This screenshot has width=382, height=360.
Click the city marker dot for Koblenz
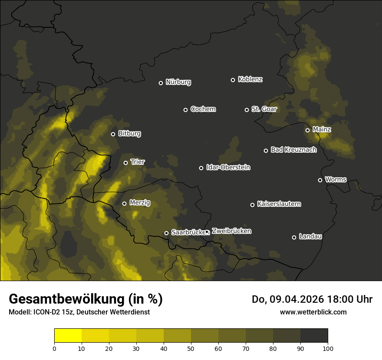(x=233, y=80)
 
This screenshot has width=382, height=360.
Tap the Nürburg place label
(x=178, y=82)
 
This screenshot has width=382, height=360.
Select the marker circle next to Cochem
(x=185, y=110)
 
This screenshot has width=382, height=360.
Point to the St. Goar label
(x=264, y=109)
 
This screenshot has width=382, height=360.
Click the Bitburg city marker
(x=113, y=134)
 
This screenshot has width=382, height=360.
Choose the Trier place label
(x=138, y=162)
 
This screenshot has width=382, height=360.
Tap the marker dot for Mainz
(x=307, y=130)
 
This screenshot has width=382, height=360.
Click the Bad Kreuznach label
(x=293, y=150)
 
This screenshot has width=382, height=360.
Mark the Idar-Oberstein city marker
(x=201, y=168)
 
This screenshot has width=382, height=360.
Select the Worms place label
(x=336, y=180)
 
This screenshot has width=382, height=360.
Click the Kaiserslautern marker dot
(x=252, y=205)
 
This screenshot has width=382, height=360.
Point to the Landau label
(x=310, y=237)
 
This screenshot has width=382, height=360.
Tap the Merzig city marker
(x=124, y=203)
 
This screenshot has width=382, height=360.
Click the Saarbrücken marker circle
(x=166, y=233)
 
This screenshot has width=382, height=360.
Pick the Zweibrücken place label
(x=231, y=231)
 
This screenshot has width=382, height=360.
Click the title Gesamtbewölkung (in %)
(x=86, y=299)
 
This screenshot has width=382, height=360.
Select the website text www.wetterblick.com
(x=313, y=312)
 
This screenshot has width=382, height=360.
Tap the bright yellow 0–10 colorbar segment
(x=68, y=336)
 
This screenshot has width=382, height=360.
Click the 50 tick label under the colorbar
(x=191, y=348)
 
